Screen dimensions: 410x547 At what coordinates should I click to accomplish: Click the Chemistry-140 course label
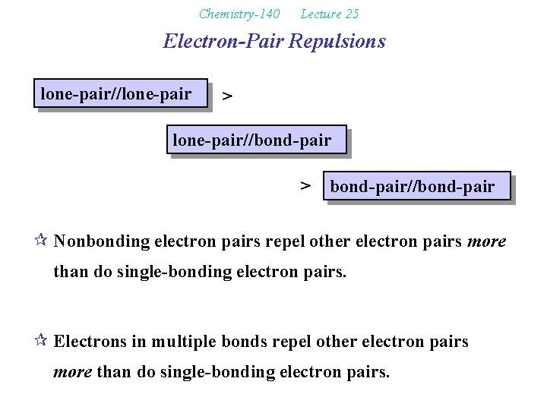coord(239,14)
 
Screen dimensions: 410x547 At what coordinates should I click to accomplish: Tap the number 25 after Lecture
coord(350,14)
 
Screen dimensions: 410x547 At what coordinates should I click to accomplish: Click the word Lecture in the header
coord(319,14)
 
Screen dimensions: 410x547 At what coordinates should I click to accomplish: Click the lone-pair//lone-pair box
coord(120,94)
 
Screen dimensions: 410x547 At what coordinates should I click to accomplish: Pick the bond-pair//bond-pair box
coord(416,186)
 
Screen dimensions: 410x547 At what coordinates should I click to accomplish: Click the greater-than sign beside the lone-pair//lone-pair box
coord(226,96)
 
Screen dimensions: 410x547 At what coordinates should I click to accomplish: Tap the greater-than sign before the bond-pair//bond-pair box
coord(305,185)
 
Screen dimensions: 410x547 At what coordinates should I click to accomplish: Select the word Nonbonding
coord(102,242)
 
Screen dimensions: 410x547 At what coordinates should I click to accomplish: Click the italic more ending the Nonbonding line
coord(486,242)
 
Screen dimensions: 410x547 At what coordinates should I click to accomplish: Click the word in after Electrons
coord(138,342)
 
